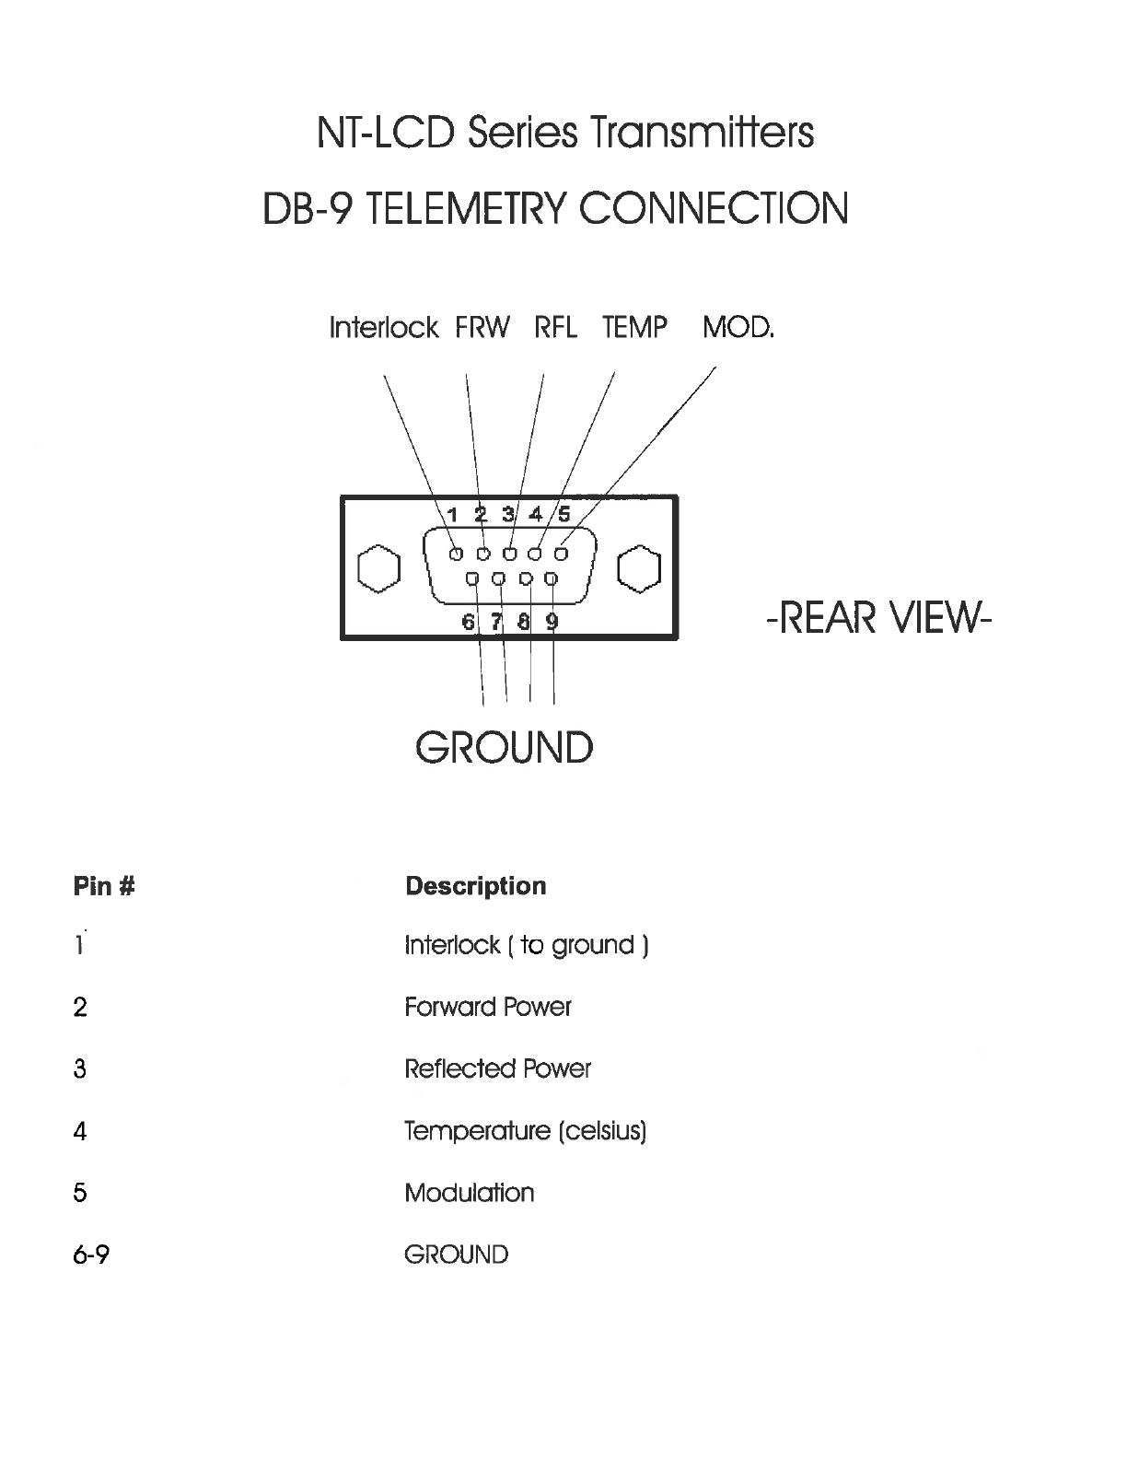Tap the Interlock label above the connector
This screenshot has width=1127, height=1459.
[x=383, y=328]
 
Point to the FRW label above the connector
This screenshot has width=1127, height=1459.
[x=482, y=328]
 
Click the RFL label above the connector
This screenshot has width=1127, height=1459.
[x=555, y=328]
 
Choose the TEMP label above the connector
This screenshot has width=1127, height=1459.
[x=634, y=328]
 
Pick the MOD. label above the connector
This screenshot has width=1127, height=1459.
[x=738, y=328]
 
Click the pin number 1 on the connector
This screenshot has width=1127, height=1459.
[x=453, y=515]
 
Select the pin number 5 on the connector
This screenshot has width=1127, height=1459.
[x=564, y=515]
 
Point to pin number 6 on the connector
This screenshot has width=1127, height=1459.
[x=468, y=622]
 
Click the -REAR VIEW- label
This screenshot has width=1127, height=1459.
[x=877, y=616]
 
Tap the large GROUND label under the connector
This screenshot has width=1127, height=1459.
[x=504, y=748]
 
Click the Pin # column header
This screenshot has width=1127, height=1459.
[x=104, y=886]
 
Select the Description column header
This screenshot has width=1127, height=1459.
[x=475, y=886]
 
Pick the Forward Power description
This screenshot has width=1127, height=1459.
[x=487, y=1007]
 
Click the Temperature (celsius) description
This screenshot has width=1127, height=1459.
[x=525, y=1130]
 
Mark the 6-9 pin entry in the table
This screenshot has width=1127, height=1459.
[x=90, y=1255]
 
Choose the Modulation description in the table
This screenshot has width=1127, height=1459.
[x=469, y=1193]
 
